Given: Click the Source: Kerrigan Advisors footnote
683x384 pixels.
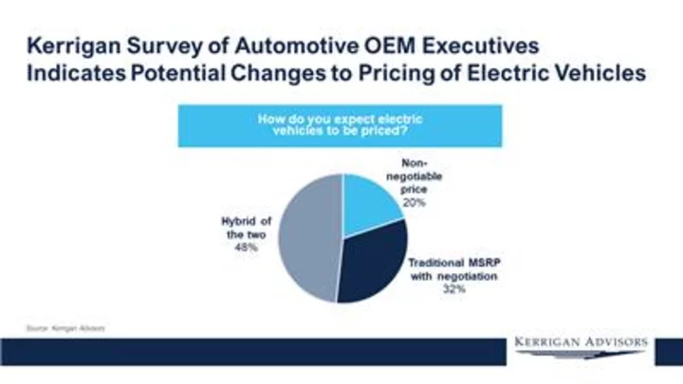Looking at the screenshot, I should point(65,328).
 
